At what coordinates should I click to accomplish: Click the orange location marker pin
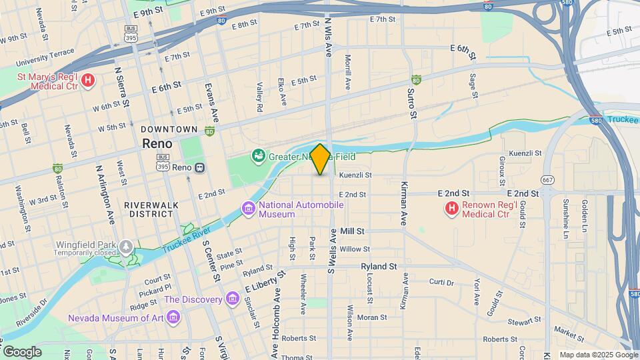click(x=320, y=159)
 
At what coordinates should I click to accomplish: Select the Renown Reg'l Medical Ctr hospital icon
click(x=451, y=209)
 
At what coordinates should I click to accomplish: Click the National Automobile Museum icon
click(x=249, y=209)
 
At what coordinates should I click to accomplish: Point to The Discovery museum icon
click(x=232, y=299)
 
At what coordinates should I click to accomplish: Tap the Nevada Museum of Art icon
click(x=173, y=317)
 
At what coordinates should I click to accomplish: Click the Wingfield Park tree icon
click(x=126, y=248)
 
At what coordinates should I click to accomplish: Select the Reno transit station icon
click(x=199, y=167)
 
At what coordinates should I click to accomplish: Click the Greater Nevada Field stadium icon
click(x=258, y=157)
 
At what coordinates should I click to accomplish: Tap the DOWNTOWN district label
click(x=169, y=129)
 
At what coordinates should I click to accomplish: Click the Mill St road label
click(x=351, y=231)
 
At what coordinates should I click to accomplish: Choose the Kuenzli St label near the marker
click(x=355, y=175)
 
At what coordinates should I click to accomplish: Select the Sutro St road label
click(x=413, y=105)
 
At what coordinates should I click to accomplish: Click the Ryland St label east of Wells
click(x=379, y=266)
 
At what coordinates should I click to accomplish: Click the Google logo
click(x=21, y=351)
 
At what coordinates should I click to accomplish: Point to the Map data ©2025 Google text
click(x=597, y=355)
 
